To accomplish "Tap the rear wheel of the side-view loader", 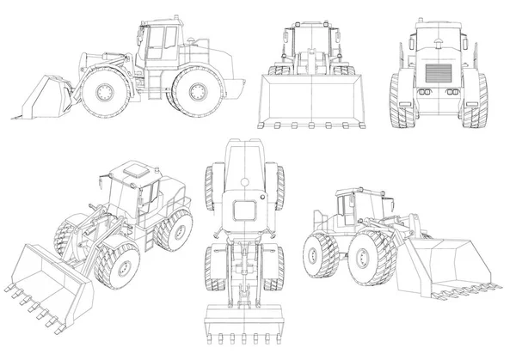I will pyautogui.click(x=193, y=91).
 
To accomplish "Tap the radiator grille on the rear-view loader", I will pyautogui.click(x=435, y=74).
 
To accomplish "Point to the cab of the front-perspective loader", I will pyautogui.click(x=138, y=193).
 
